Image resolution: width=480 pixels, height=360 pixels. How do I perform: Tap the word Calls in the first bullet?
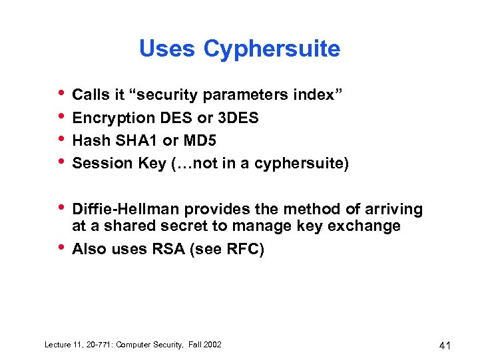91,95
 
